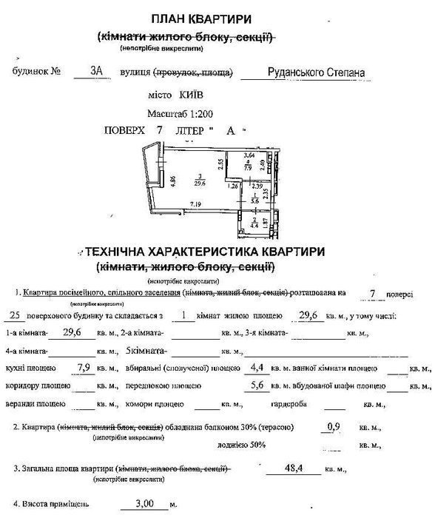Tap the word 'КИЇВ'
tap(188, 96)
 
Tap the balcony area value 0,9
tap(334, 427)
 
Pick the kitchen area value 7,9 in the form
tap(87, 367)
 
